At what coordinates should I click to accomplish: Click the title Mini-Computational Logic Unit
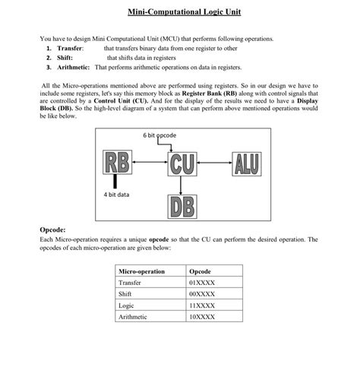pyautogui.click(x=180, y=13)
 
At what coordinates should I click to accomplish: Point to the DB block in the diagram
pyautogui.click(x=180, y=206)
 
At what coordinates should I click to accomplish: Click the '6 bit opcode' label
pyautogui.click(x=159, y=135)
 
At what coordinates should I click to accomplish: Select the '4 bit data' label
pyautogui.click(x=116, y=195)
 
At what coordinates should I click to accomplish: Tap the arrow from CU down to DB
pyautogui.click(x=180, y=185)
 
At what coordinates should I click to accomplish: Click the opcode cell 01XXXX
pyautogui.click(x=201, y=282)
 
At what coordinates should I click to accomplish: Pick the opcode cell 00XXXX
pyautogui.click(x=201, y=293)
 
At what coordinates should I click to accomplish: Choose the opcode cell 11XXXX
pyautogui.click(x=201, y=305)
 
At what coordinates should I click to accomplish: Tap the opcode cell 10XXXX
pyautogui.click(x=201, y=316)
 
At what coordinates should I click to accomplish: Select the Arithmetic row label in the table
pyautogui.click(x=134, y=316)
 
